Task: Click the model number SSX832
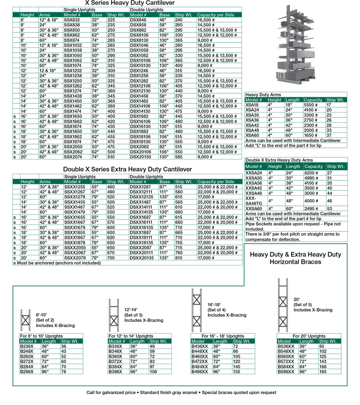(x=72, y=20)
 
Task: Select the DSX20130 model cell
(x=140, y=157)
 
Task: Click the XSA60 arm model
(x=252, y=135)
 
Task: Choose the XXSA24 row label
(x=254, y=172)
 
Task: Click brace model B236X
(x=27, y=346)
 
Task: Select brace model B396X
(x=115, y=371)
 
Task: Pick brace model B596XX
(x=286, y=371)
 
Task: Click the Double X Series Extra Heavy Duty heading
(x=127, y=170)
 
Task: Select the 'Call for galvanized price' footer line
(x=181, y=392)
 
